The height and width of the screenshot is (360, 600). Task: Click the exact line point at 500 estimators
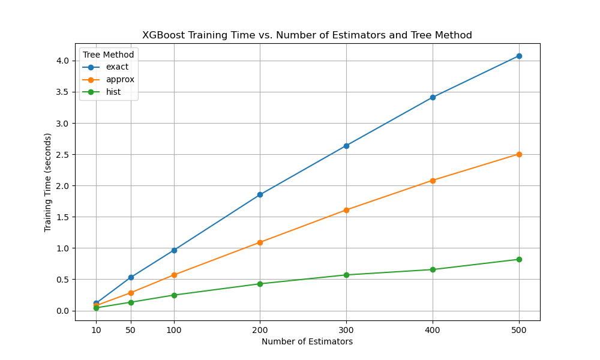pos(519,56)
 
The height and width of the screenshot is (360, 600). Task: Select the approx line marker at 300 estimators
pos(346,210)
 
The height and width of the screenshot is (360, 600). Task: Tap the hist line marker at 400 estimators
pos(433,269)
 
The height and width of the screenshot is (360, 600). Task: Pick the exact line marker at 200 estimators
pos(260,194)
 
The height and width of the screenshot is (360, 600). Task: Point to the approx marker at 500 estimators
pos(519,154)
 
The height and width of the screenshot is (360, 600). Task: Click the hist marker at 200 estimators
pos(260,284)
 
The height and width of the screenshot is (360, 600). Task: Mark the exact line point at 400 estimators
pos(433,97)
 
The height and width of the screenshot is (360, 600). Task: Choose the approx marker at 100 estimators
pos(174,275)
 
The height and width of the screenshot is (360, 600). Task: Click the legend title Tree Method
pos(109,55)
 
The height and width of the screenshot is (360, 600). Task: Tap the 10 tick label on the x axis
pos(96,330)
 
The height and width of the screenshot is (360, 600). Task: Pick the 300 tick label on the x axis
pos(346,330)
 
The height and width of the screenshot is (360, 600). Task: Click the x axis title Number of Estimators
pos(307,342)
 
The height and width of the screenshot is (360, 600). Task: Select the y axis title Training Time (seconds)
pos(48,182)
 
